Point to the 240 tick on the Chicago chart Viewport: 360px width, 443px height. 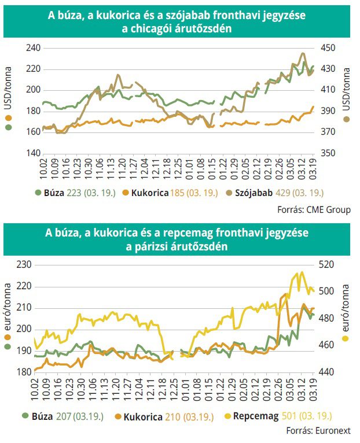(x=32, y=48)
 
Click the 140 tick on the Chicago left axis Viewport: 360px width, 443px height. (x=32, y=153)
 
